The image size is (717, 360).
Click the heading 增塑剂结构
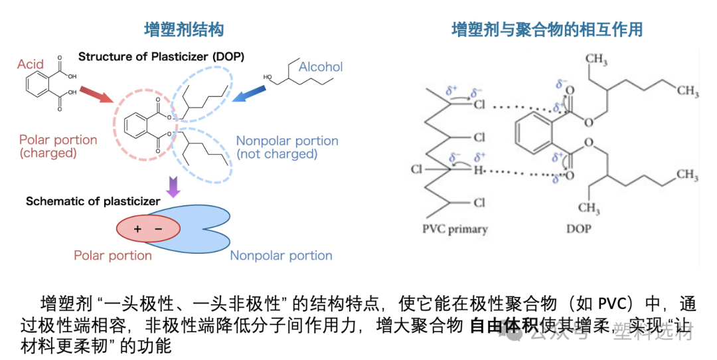pos(184,29)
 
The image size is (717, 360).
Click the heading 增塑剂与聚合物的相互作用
pos(547,29)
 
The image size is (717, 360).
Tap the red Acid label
pos(31,64)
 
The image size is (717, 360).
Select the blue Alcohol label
pos(321,66)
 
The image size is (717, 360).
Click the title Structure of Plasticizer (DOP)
pos(161,57)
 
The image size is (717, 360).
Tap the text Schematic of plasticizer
pos(93,201)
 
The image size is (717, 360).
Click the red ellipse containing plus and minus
pos(149,229)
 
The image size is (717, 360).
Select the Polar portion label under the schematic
pos(113,256)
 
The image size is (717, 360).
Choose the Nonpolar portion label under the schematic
pos(281,256)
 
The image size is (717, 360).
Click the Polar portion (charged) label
pos(58,147)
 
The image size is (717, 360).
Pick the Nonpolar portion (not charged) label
pos(287,147)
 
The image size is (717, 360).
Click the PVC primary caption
pos(455,230)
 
